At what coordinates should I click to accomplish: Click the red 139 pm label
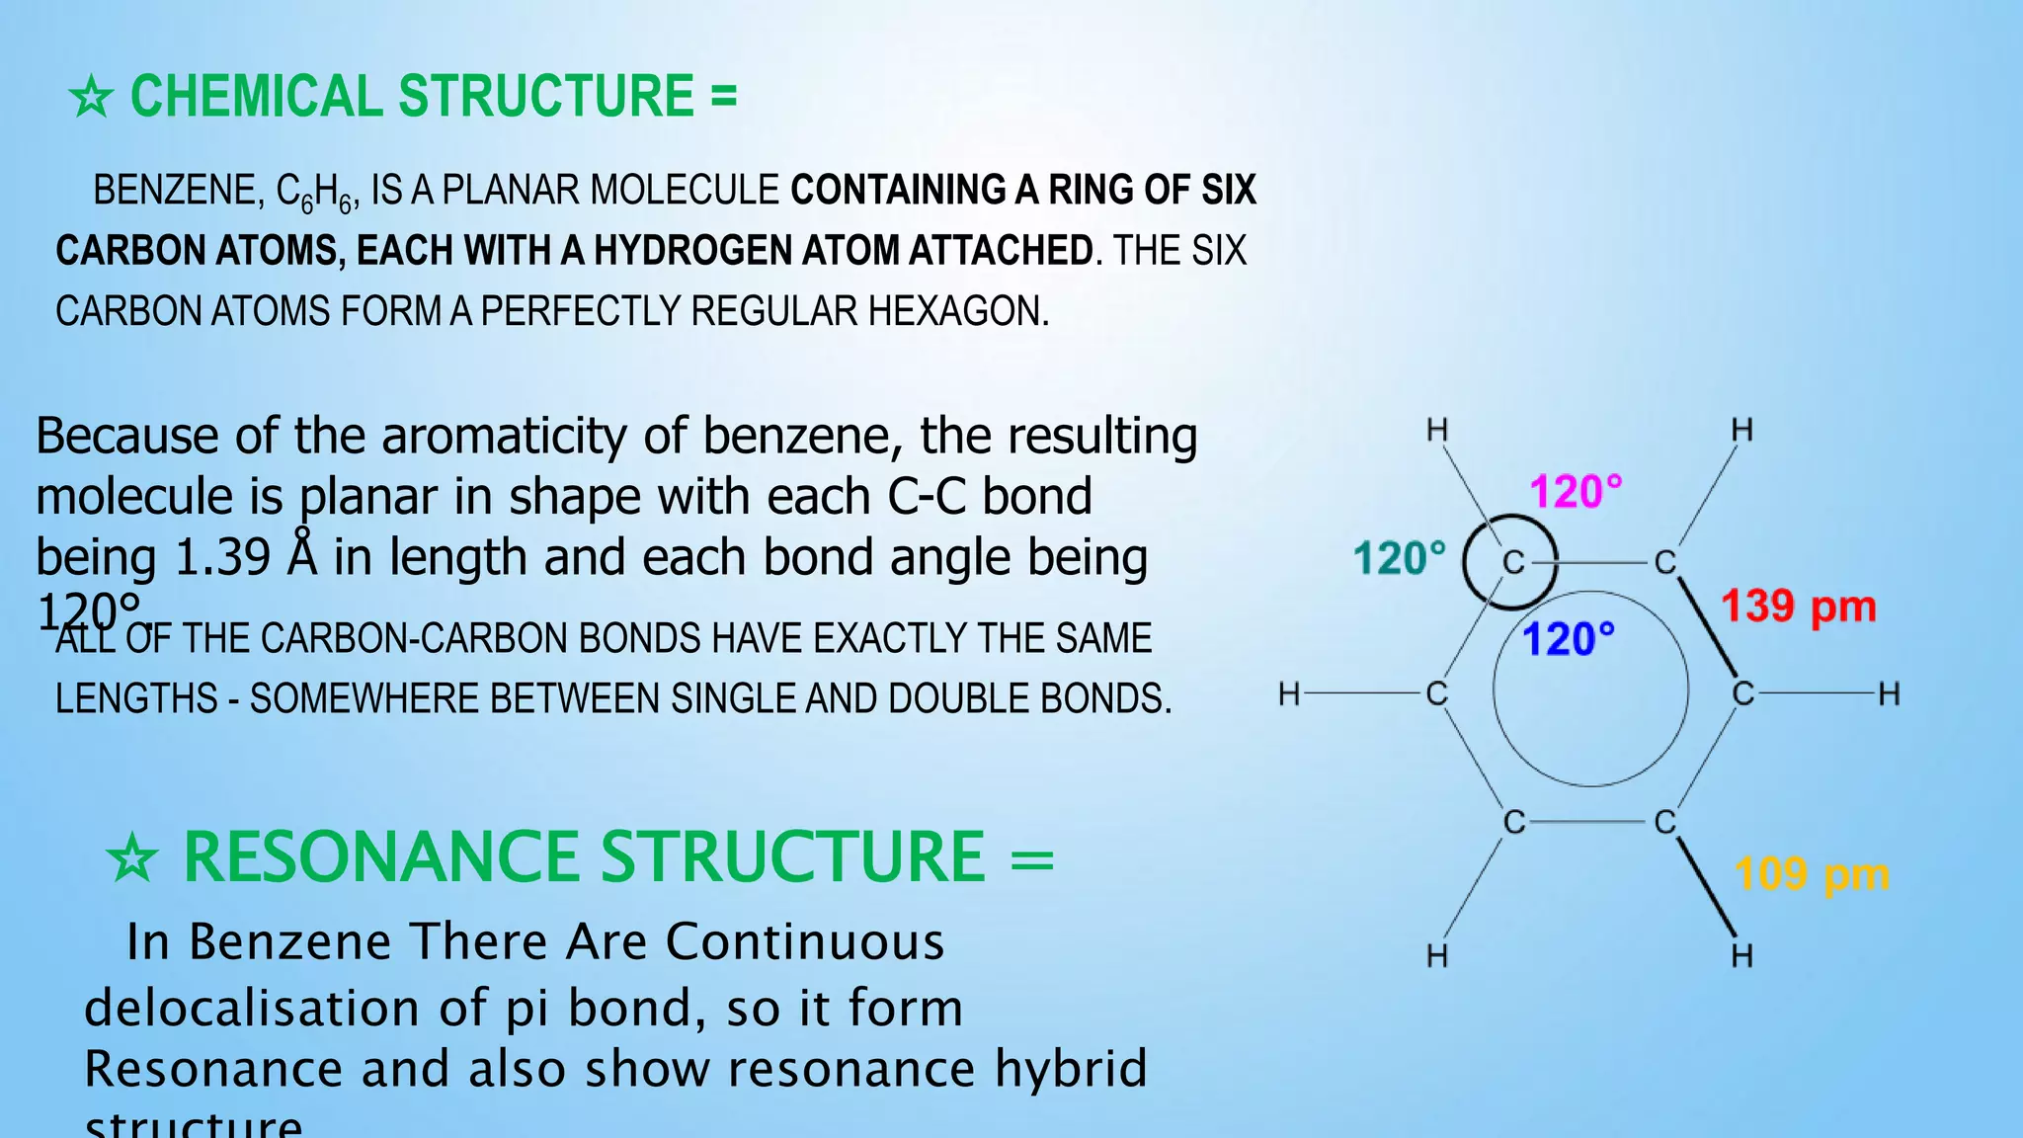tap(1798, 607)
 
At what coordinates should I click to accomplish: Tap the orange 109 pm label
tap(1812, 874)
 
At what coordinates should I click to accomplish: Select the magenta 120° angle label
tap(1576, 491)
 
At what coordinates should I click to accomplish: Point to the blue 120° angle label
tap(1569, 639)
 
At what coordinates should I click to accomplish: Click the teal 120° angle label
tap(1399, 558)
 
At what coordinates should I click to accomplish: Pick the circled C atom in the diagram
tap(1512, 563)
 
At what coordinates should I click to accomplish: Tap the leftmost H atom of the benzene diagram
tap(1289, 694)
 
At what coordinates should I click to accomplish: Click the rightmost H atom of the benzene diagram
tap(1889, 694)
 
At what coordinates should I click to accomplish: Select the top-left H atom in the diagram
tap(1437, 431)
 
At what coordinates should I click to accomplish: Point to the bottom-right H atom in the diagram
tap(1741, 955)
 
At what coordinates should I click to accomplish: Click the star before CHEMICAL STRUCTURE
tap(91, 98)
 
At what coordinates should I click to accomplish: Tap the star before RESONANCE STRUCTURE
tap(132, 857)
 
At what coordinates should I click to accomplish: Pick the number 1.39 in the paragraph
tap(221, 557)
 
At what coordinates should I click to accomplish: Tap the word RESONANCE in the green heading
tap(391, 856)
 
